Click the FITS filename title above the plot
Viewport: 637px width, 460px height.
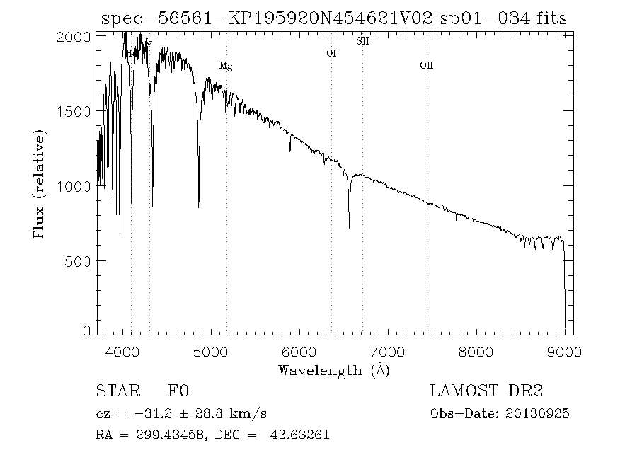[x=334, y=17]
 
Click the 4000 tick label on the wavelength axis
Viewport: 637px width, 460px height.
[x=123, y=350]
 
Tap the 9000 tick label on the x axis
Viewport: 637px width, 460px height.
[x=564, y=350]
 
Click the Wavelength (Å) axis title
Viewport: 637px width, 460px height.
[x=334, y=370]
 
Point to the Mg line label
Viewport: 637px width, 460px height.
[x=226, y=66]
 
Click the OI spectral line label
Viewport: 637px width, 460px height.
[x=331, y=53]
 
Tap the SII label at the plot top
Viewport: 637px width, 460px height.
[x=362, y=41]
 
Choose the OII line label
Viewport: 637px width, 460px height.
[x=426, y=66]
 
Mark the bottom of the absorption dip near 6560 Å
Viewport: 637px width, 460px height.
[x=349, y=226]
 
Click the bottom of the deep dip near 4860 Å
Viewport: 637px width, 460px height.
[x=198, y=206]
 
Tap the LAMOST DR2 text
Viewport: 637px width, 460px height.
[x=486, y=391]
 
